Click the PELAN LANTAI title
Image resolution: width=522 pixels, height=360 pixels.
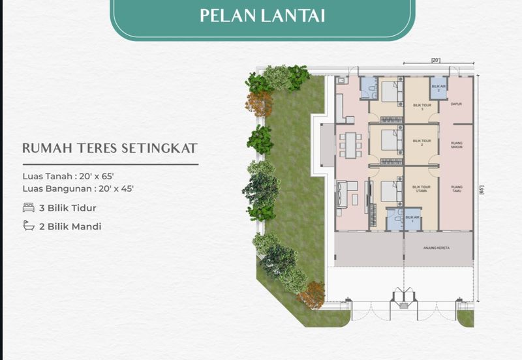262,14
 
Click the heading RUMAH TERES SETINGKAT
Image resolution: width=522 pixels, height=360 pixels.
110,148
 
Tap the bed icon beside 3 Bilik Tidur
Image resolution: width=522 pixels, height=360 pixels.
29,208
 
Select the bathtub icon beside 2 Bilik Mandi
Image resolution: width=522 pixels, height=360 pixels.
29,226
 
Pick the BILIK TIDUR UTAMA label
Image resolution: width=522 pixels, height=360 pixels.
422,188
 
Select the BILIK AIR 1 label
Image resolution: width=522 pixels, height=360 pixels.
411,218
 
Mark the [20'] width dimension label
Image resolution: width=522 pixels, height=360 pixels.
435,61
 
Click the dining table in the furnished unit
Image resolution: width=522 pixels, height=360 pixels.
351,145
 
